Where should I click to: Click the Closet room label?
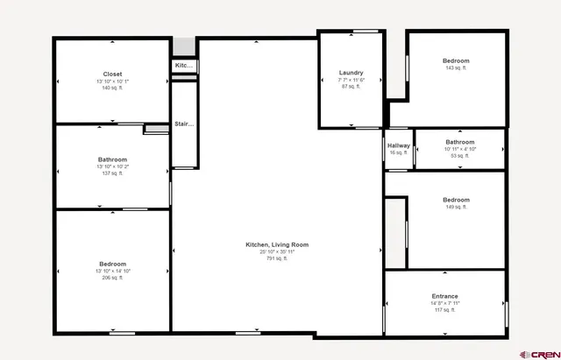tap(112, 74)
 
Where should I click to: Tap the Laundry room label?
tap(351, 73)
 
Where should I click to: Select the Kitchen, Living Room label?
tap(277, 244)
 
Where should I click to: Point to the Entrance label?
tap(444, 296)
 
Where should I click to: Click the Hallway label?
tap(399, 145)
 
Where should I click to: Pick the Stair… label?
tap(183, 124)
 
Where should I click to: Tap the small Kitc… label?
tap(183, 66)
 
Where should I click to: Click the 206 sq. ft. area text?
tap(112, 278)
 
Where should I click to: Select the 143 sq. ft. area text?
tap(457, 67)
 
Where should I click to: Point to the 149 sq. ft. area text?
tap(456, 208)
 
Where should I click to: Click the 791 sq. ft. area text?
tap(277, 258)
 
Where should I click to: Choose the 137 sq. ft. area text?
tap(112, 173)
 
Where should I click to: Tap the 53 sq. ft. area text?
tap(459, 155)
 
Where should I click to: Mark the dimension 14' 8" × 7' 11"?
tap(444, 303)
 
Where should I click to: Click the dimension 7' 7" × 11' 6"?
tap(351, 80)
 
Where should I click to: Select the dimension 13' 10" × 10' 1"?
tap(112, 81)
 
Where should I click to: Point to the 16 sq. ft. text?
tap(399, 152)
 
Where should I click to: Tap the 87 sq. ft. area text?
tap(351, 87)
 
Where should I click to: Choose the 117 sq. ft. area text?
tap(444, 310)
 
